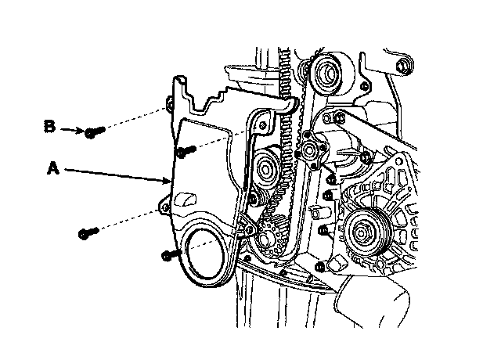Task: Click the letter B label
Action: click(x=49, y=126)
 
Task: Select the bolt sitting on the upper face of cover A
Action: click(x=186, y=149)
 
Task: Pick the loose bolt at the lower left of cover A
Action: click(x=87, y=232)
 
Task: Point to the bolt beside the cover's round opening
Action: click(x=170, y=253)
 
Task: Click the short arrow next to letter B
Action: click(x=74, y=129)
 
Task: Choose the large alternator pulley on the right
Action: click(x=362, y=232)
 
